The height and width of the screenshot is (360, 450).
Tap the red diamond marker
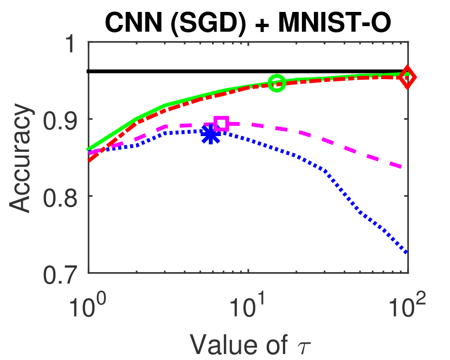408,78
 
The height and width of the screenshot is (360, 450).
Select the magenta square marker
221,123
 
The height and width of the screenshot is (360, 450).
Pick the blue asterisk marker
210,135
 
